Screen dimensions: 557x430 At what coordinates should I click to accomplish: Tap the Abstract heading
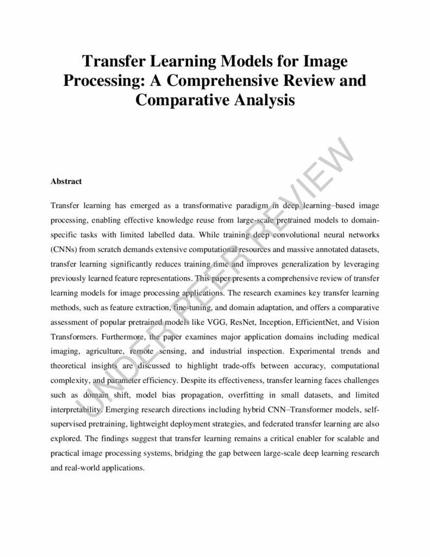66,181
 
